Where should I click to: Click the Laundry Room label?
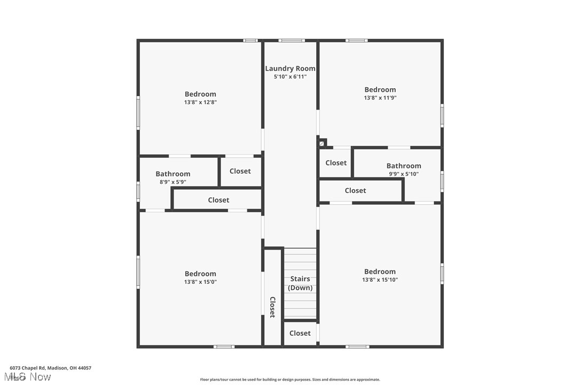(290, 68)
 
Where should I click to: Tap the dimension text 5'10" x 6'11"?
(290, 76)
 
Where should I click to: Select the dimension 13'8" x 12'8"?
(200, 102)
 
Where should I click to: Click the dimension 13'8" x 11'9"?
(380, 98)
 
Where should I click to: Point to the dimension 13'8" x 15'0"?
(200, 282)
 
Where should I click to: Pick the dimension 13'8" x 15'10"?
(380, 280)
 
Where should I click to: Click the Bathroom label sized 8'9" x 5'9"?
(173, 174)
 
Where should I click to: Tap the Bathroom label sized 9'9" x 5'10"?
(403, 166)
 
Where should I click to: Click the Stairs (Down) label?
(300, 283)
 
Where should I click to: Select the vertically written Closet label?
(272, 307)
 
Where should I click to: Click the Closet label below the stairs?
(300, 333)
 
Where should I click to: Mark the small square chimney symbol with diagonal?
(322, 143)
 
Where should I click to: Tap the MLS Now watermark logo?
(30, 377)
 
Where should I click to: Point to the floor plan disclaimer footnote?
(290, 380)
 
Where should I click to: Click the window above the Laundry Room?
(292, 41)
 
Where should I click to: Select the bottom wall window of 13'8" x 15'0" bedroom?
(224, 346)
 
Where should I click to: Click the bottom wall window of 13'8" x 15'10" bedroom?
(357, 346)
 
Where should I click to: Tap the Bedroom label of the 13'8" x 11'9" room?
(380, 90)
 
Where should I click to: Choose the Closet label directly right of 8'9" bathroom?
(240, 171)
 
